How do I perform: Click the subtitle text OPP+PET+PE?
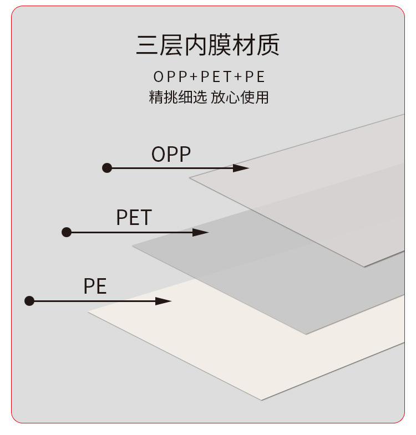tap(209, 76)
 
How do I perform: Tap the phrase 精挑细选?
tap(177, 98)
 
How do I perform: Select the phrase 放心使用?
tap(240, 98)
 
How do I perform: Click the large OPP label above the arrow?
tap(171, 155)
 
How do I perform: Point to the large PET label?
tap(134, 218)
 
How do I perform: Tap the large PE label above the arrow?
tap(95, 286)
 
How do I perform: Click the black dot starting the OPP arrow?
tap(107, 168)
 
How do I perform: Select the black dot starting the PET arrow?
tap(67, 232)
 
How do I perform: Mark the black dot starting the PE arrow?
tap(30, 301)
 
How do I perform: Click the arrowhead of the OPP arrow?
tap(242, 168)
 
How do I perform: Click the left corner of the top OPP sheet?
tap(191, 178)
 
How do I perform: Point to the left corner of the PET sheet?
tap(134, 247)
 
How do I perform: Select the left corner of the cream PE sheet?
tap(89, 313)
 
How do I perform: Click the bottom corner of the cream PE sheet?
tap(262, 399)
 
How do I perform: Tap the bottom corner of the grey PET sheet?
tap(306, 334)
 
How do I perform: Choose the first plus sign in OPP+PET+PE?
tap(194, 76)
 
